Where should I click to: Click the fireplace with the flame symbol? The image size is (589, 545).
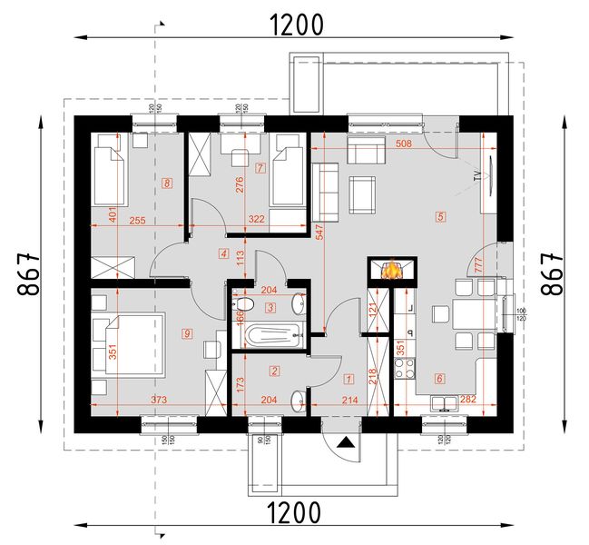tap(392, 270)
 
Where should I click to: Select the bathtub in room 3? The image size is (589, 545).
tap(270, 336)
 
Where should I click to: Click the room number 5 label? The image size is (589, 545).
tap(440, 217)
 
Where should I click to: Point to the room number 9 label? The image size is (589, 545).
tap(187, 333)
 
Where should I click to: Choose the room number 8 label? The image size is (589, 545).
tap(167, 183)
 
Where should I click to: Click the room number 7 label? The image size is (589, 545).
tap(260, 168)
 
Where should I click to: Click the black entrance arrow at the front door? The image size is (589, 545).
tap(346, 442)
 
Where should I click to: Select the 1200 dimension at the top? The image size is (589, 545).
tap(296, 25)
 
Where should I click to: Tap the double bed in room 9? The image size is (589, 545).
tap(128, 343)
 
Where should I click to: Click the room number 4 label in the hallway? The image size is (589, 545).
tap(223, 253)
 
